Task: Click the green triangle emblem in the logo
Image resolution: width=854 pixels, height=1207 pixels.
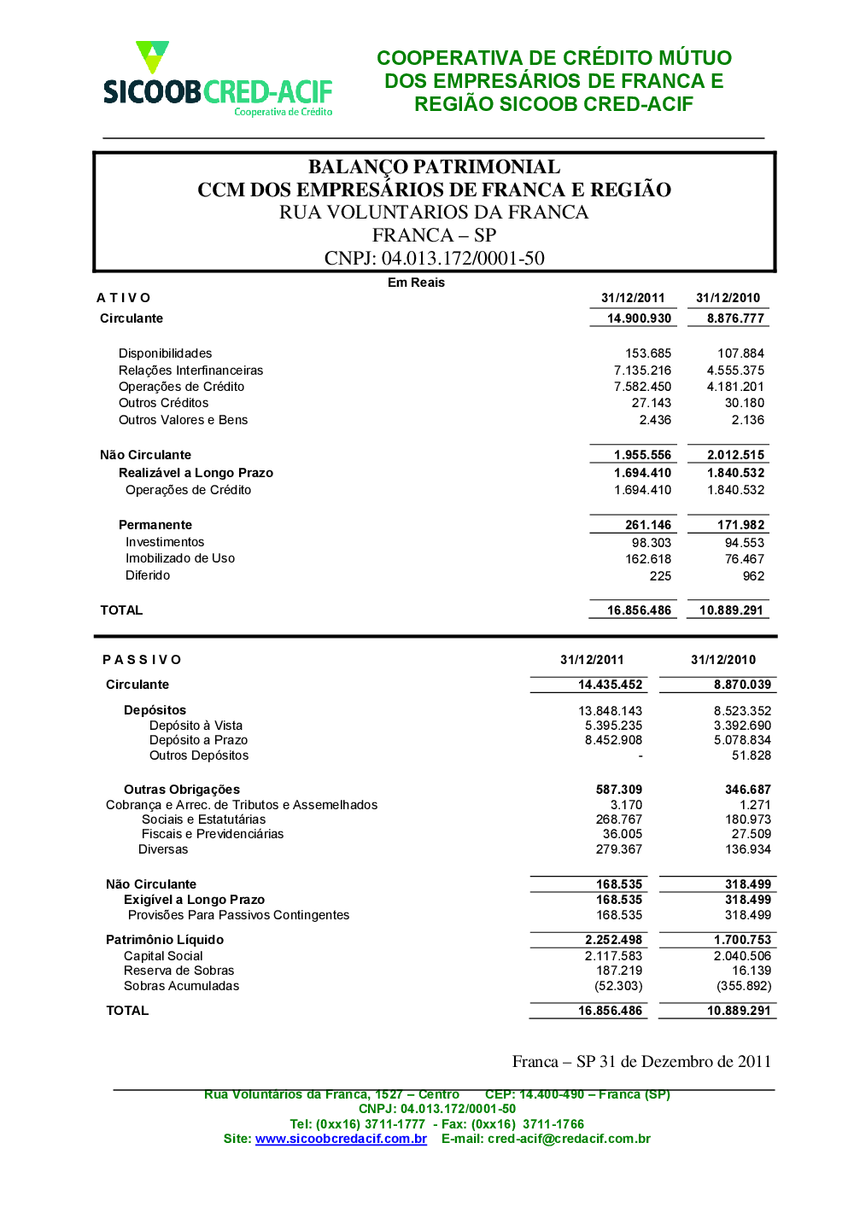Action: (x=153, y=56)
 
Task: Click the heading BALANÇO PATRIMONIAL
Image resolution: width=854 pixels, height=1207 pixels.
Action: (x=434, y=166)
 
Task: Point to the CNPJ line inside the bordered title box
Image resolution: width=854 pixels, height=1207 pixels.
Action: (x=434, y=258)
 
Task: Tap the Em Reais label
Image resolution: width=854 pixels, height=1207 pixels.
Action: (x=416, y=283)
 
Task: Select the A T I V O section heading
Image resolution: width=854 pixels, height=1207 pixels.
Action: (x=124, y=298)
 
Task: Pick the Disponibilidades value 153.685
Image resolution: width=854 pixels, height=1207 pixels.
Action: (x=648, y=353)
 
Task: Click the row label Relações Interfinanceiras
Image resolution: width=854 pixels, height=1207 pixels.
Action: (x=190, y=370)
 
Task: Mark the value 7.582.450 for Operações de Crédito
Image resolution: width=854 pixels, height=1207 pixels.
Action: (x=642, y=387)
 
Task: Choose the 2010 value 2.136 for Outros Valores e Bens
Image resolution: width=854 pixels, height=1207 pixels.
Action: (x=748, y=420)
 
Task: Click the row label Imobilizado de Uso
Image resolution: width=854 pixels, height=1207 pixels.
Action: (x=180, y=558)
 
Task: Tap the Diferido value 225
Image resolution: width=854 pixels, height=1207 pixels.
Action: (x=660, y=576)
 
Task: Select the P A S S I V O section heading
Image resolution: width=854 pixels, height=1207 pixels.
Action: (x=142, y=660)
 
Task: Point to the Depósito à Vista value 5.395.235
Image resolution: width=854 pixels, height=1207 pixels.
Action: (x=613, y=726)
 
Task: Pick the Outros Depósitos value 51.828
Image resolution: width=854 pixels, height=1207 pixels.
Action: (x=752, y=755)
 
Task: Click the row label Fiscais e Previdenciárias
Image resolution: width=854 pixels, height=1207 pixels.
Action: (x=213, y=834)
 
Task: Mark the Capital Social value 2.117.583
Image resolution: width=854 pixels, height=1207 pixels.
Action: (x=613, y=956)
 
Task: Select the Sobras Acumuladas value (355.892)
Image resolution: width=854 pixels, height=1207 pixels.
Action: (x=744, y=986)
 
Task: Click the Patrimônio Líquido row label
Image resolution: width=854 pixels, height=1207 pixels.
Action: (x=165, y=940)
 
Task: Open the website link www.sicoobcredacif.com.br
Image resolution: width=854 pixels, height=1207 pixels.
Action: (x=341, y=1139)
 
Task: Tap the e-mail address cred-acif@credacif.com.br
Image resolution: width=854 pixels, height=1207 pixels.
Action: (x=569, y=1139)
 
